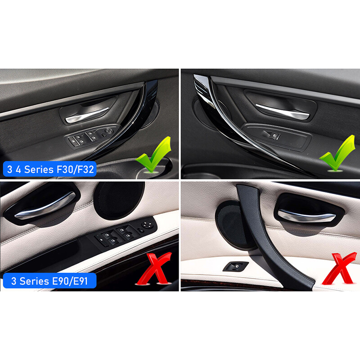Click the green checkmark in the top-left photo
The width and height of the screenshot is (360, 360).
154,155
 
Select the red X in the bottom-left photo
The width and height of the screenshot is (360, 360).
154,269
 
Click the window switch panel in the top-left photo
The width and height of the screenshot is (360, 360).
93,136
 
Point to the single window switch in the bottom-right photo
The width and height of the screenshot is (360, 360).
236,265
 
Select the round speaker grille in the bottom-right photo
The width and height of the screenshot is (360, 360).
231,225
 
